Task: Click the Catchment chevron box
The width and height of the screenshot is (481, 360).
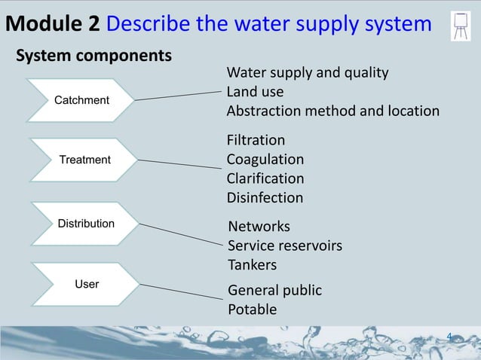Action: point(81,100)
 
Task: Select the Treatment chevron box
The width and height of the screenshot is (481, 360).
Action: point(84,160)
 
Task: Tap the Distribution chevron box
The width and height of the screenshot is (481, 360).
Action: point(85,224)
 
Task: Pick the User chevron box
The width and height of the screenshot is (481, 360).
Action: point(87,284)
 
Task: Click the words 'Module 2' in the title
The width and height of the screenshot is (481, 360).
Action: point(53,24)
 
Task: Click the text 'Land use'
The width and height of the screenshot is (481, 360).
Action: point(256,92)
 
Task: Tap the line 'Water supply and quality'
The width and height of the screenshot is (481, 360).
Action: point(308,73)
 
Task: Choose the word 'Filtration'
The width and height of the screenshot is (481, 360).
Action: point(256,140)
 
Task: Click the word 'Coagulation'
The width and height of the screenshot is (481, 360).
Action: point(265,160)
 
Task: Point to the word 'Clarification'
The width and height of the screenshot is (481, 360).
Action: point(265,178)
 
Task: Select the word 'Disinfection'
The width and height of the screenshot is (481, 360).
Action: point(265,198)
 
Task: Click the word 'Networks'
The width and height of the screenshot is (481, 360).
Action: point(259,227)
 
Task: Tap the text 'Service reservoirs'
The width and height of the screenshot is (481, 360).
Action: point(285,246)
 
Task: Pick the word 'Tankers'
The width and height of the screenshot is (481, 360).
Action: point(253,265)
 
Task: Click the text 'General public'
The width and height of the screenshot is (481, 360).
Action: point(274,291)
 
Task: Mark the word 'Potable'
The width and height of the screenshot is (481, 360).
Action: point(253,310)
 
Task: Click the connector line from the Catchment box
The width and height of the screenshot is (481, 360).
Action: point(180,96)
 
